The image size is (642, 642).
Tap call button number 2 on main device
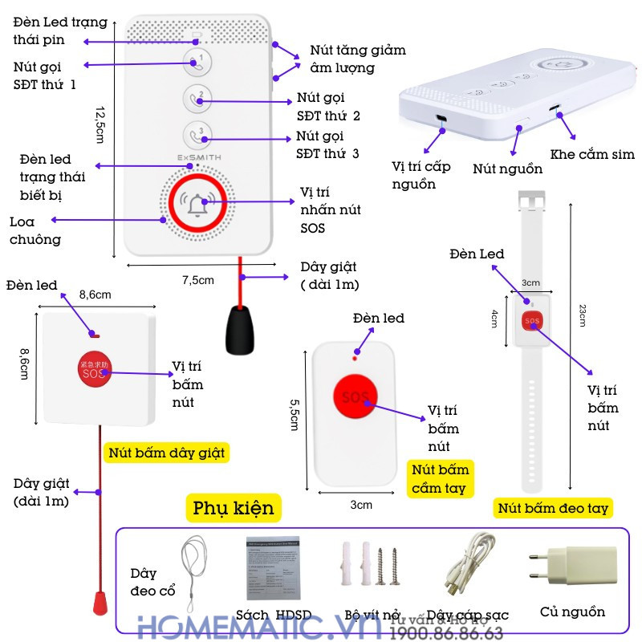coord(197,99)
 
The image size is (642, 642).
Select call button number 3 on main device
coord(197,134)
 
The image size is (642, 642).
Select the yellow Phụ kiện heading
coord(233,508)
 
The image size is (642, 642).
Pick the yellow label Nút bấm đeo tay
coord(553,508)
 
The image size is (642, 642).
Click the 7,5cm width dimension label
coord(197,279)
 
